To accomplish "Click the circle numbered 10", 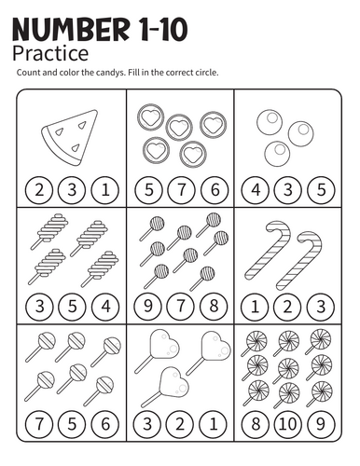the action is pos(288,424).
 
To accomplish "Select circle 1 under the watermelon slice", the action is pos(105,190).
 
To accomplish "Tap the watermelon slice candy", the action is pos(70,137).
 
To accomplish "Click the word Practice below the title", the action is pos(50,53).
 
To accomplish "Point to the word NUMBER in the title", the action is pos(71,30).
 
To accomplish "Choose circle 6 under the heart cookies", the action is pos(215,190).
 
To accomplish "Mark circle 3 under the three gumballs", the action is pos(288,190).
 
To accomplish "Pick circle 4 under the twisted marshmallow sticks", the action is pos(105,307).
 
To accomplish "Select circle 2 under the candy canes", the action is pos(288,307).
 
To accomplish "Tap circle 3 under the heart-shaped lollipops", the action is pos(147,424).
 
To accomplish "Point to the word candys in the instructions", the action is pos(108,73).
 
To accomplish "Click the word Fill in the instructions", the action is pos(133,73).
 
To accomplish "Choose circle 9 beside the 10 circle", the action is pos(321,424).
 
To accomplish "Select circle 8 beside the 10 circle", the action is pos(256,424).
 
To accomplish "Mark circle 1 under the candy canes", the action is pos(255,307).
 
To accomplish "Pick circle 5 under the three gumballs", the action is pos(321,190).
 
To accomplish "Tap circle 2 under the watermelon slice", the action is pos(39,190).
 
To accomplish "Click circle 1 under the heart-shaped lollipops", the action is pos(214,424).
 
